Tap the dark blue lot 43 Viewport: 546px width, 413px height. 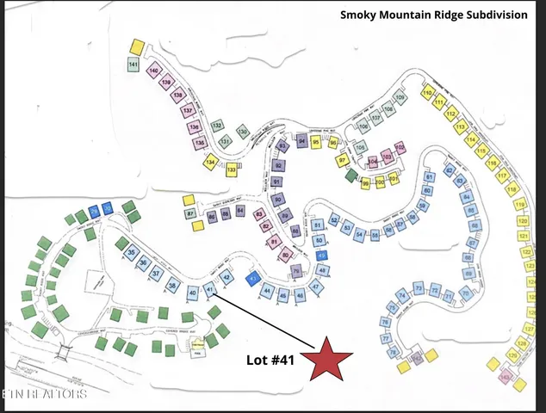[253, 279]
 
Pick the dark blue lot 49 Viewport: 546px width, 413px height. [322, 255]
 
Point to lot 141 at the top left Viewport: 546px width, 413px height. [133, 65]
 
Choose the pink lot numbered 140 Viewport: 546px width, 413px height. [154, 71]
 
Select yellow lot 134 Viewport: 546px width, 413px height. [210, 161]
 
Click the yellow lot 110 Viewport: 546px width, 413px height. [427, 92]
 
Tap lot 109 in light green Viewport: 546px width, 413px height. [400, 98]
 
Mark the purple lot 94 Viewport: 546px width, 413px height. [302, 142]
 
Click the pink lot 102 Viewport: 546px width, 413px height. [400, 148]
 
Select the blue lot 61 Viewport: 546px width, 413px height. [429, 177]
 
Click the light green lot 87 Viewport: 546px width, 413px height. [190, 213]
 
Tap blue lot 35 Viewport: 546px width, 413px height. [132, 253]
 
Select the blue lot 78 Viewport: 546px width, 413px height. [393, 352]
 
